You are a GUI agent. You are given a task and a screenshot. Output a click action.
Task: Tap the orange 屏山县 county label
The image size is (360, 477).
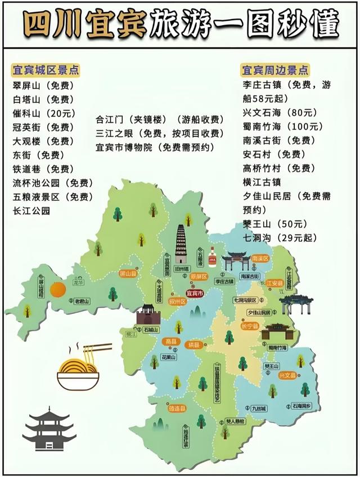click(x=128, y=273)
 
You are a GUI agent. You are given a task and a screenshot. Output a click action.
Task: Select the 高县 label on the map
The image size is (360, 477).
click(x=170, y=341)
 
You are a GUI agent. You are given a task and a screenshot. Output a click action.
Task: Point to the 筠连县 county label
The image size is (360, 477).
click(x=177, y=407)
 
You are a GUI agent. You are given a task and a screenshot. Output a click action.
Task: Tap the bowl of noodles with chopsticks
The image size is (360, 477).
click(x=83, y=368)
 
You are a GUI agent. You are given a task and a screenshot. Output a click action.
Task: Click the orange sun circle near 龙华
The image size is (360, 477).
click(x=57, y=290)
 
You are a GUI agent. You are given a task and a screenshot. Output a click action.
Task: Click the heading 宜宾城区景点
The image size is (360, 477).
click(x=45, y=71)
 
